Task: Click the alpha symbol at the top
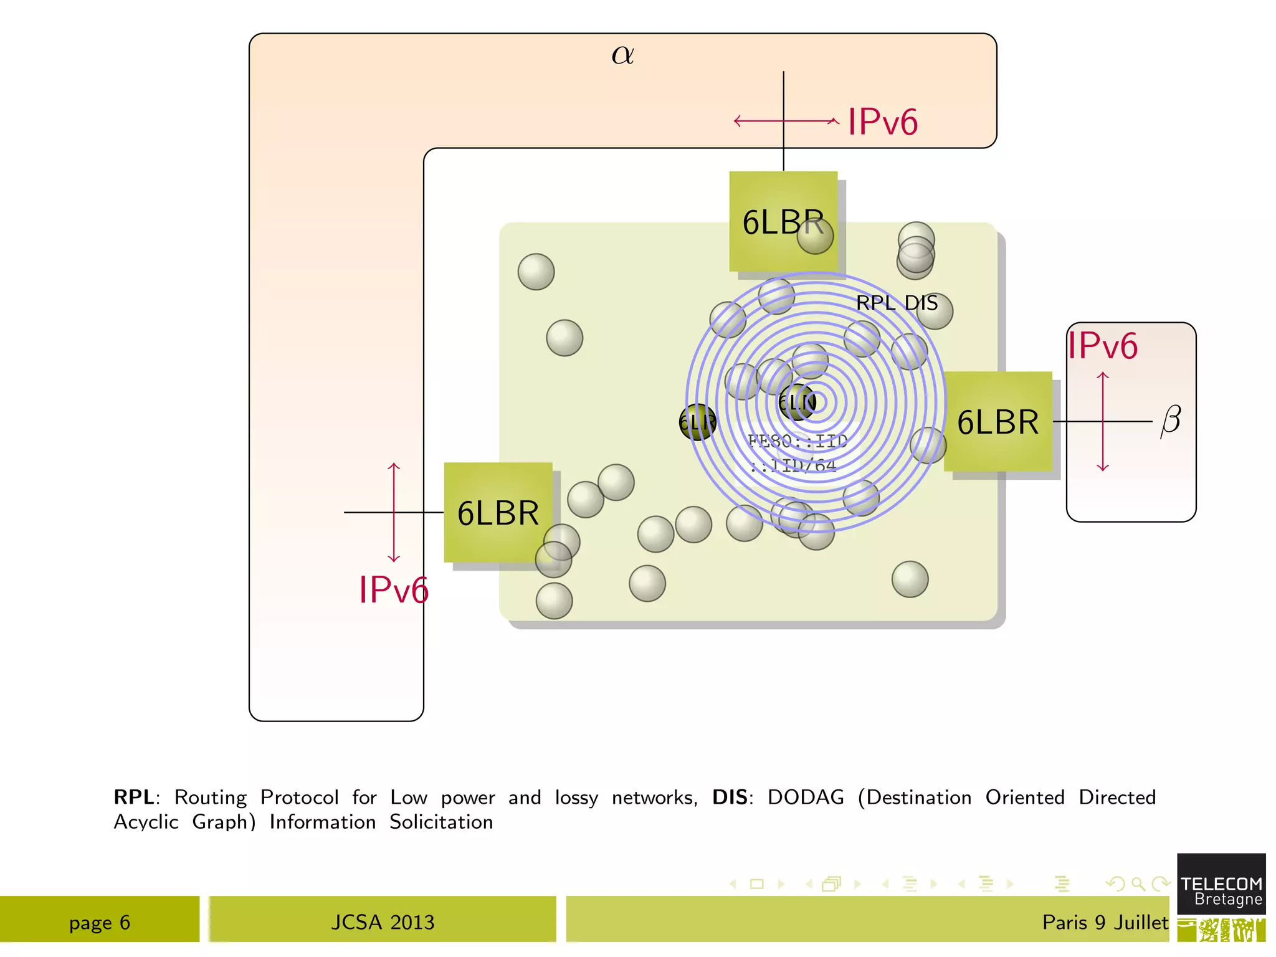(622, 55)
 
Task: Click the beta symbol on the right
(1171, 421)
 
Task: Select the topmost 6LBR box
(783, 221)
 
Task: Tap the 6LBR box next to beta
(997, 422)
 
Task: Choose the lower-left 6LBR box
(498, 513)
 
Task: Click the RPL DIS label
(897, 303)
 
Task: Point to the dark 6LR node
(697, 422)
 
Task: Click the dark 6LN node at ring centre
(797, 402)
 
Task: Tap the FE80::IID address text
(797, 441)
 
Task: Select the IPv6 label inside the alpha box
(882, 121)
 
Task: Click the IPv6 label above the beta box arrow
(1103, 346)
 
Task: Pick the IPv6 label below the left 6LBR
(394, 589)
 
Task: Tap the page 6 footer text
(100, 922)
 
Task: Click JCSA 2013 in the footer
(383, 922)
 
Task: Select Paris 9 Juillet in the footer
(1105, 922)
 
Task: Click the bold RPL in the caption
(133, 797)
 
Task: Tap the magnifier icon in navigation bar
(1138, 883)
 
